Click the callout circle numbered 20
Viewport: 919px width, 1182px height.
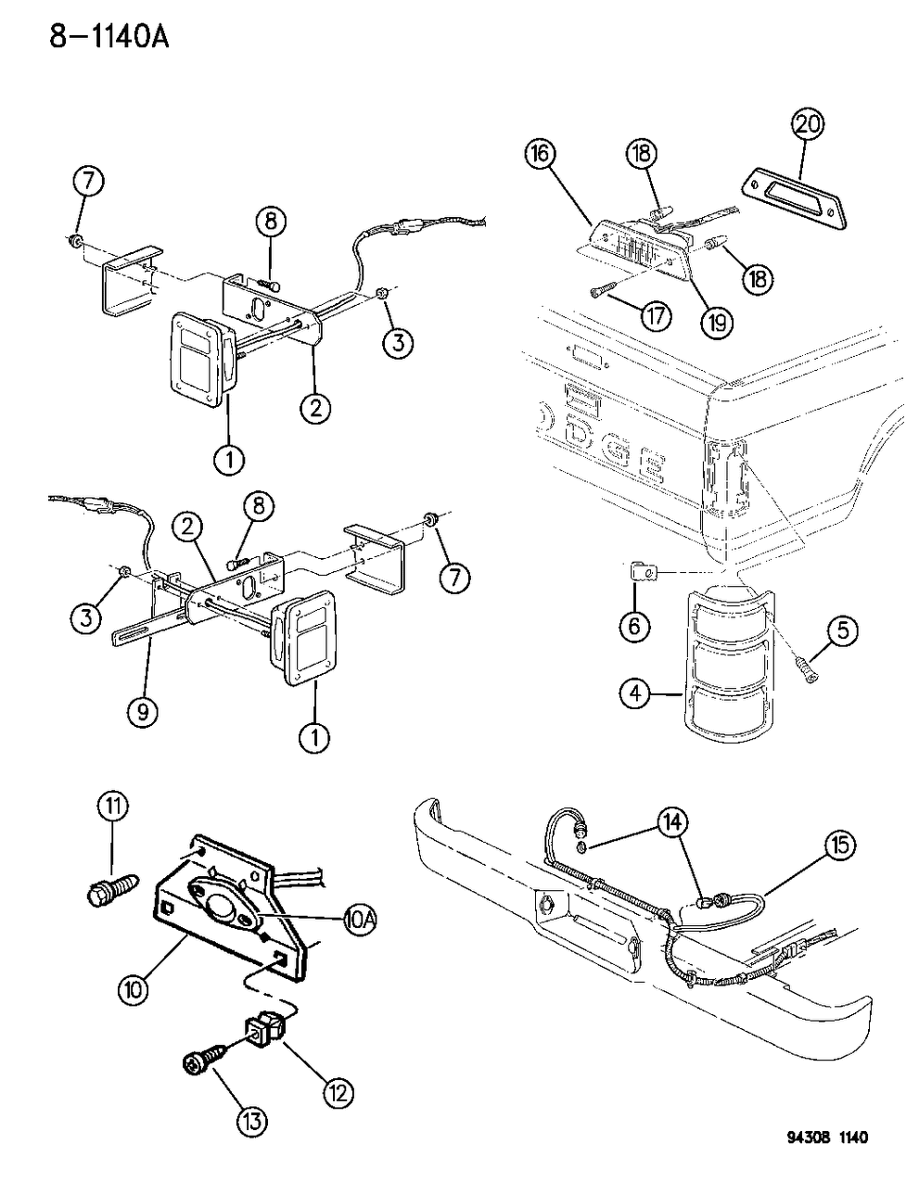pos(808,123)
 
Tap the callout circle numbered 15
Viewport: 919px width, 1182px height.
pos(839,845)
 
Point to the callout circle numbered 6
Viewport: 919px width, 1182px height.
pos(635,627)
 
